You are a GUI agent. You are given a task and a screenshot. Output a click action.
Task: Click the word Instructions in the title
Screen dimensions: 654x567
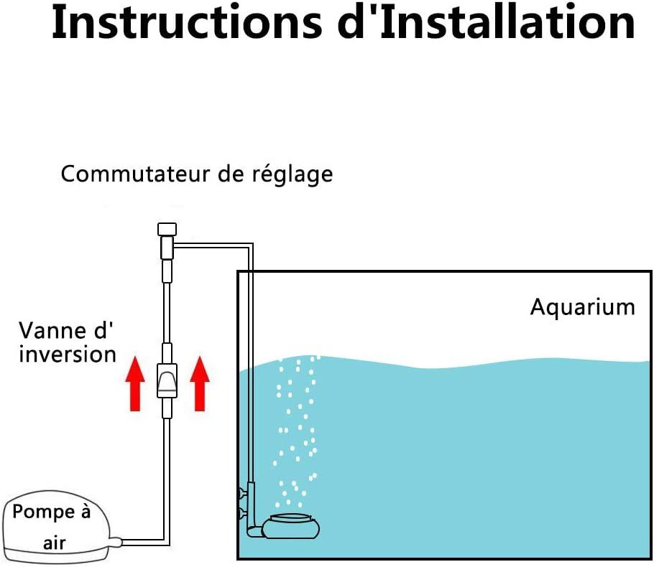[188, 22]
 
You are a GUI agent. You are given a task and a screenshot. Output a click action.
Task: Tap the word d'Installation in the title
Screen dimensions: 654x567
[487, 22]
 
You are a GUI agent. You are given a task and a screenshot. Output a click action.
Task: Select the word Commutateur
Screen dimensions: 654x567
[134, 174]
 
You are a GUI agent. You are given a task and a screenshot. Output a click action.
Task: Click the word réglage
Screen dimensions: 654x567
[293, 175]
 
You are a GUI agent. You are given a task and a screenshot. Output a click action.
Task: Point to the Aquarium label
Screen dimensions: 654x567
[583, 307]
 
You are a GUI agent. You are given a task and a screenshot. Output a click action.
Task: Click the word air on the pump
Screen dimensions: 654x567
[54, 543]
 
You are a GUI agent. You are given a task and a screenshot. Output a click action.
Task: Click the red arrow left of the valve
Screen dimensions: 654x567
[135, 384]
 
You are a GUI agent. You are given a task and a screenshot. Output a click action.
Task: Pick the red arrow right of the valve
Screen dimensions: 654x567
[200, 384]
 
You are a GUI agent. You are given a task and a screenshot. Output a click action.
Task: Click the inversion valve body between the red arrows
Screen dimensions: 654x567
[167, 380]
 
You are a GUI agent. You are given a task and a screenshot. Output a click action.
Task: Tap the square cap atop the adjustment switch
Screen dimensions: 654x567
[167, 230]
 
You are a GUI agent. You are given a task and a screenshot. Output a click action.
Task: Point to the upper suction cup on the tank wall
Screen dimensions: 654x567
[242, 494]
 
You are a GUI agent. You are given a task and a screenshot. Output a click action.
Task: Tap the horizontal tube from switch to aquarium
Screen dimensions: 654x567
[213, 245]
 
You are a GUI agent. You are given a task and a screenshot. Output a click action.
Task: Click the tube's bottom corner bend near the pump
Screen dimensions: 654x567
[167, 542]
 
